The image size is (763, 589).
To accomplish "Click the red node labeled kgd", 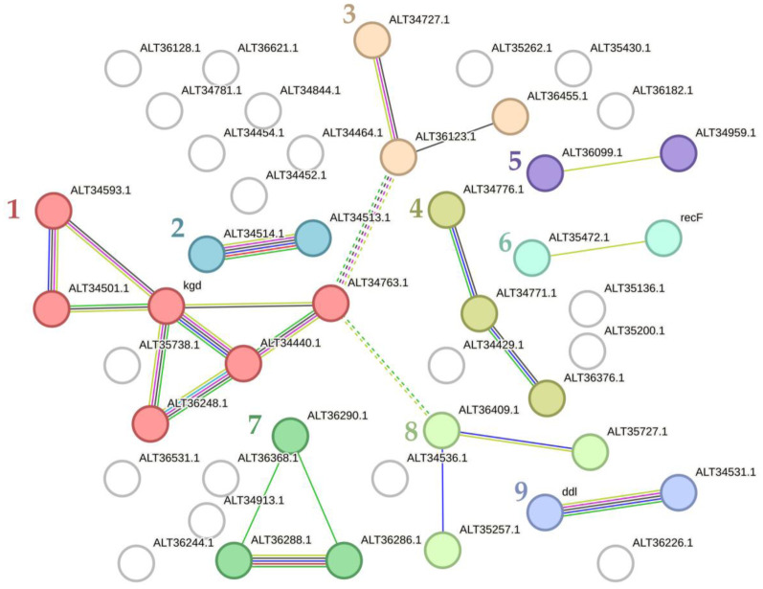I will (x=167, y=306).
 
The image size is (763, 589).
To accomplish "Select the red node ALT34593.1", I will (x=54, y=211).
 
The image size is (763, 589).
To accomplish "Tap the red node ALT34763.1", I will (x=330, y=304).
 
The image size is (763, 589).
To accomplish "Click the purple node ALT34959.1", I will (x=679, y=153).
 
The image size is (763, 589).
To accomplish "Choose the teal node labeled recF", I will (x=662, y=238).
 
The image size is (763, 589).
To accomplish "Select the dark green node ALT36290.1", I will (x=290, y=437).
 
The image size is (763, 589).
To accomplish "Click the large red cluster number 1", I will (x=13, y=209).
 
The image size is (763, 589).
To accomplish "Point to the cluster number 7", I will (x=254, y=422).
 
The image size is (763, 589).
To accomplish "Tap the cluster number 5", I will (x=514, y=161).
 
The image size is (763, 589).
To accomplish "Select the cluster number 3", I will (x=348, y=14).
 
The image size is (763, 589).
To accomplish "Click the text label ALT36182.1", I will (x=662, y=90).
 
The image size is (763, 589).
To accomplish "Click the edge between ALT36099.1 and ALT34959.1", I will (x=612, y=164).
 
